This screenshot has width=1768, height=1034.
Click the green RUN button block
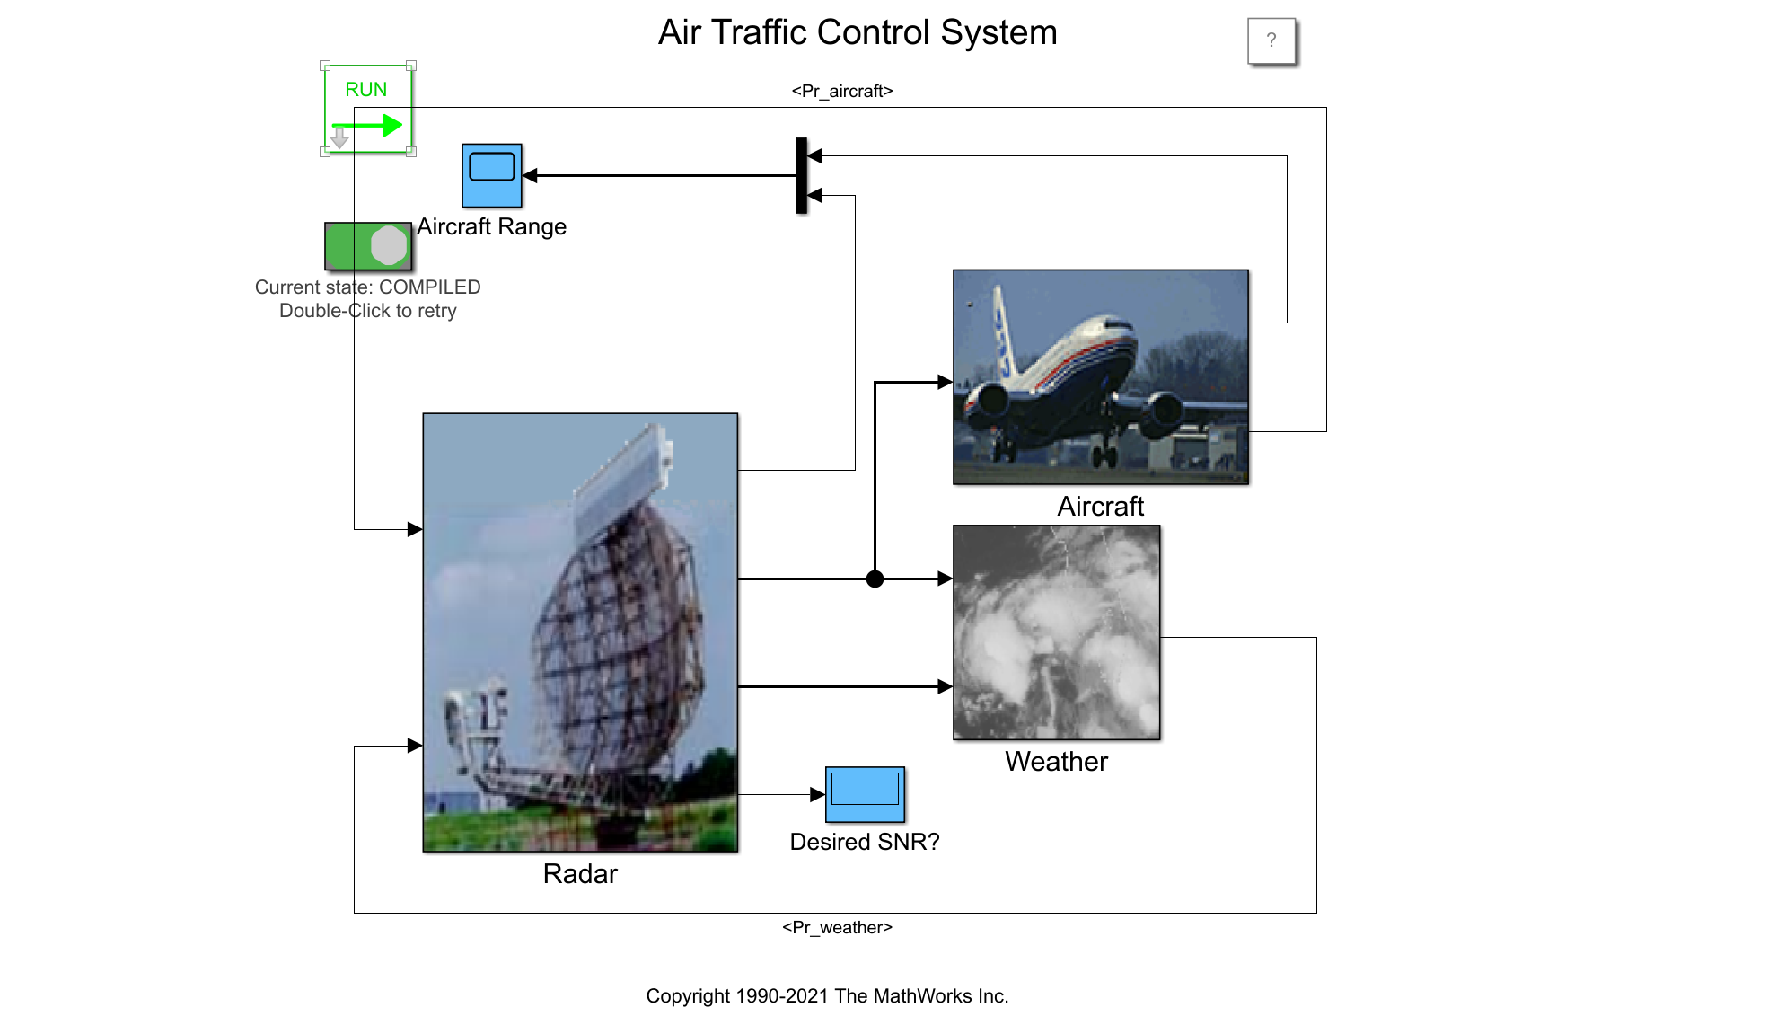tap(368, 109)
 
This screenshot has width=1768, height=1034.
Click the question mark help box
tap(1271, 40)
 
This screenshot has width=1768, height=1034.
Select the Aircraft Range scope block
tap(492, 175)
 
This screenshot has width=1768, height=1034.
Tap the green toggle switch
tap(368, 246)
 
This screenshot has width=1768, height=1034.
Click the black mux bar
tap(802, 175)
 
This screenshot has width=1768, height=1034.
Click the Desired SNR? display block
tap(865, 794)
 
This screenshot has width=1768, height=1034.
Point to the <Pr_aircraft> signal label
tap(842, 91)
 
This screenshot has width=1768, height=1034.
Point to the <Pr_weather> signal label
tap(837, 927)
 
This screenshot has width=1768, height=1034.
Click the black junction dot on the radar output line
tap(875, 579)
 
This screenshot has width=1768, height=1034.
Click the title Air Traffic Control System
tap(858, 32)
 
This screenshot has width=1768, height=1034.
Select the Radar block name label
tap(580, 873)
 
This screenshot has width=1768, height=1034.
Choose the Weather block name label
tap(1056, 761)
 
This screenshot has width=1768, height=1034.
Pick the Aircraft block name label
tap(1100, 506)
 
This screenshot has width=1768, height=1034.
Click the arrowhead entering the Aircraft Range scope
tap(530, 175)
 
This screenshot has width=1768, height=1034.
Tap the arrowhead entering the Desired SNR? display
tap(817, 794)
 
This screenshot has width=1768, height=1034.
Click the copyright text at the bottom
tap(827, 995)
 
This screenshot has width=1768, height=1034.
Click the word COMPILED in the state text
tap(430, 287)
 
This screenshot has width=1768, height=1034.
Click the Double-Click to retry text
tap(368, 310)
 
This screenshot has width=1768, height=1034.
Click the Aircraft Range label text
tap(491, 226)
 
